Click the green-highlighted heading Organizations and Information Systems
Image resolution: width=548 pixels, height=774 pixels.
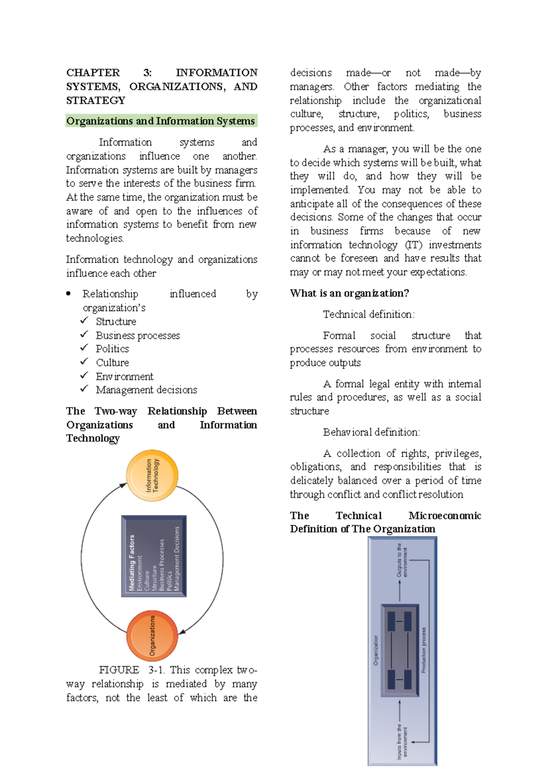click(161, 121)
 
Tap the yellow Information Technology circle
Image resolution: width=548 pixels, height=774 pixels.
click(152, 476)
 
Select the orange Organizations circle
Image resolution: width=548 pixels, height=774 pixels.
click(152, 635)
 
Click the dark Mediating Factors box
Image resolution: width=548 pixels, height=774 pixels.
click(154, 556)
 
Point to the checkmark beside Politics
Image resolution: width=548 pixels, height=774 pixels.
click(84, 348)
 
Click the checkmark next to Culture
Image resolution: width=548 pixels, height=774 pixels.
click(84, 361)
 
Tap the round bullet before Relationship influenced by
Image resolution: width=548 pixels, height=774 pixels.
click(68, 293)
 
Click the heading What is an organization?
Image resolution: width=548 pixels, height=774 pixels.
click(349, 293)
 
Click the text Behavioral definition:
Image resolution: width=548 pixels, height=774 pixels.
click(371, 432)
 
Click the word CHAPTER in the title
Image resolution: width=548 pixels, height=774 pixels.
click(93, 73)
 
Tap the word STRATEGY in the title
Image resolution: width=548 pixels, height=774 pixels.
click(95, 100)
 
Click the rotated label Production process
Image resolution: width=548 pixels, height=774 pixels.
click(423, 650)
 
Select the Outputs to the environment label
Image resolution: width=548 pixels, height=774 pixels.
click(402, 560)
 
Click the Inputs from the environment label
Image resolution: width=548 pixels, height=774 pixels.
click(402, 741)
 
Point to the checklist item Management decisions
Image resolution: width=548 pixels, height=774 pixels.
click(146, 390)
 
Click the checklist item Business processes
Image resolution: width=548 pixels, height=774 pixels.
click(137, 335)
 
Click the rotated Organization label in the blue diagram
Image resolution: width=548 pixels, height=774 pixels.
click(376, 650)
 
